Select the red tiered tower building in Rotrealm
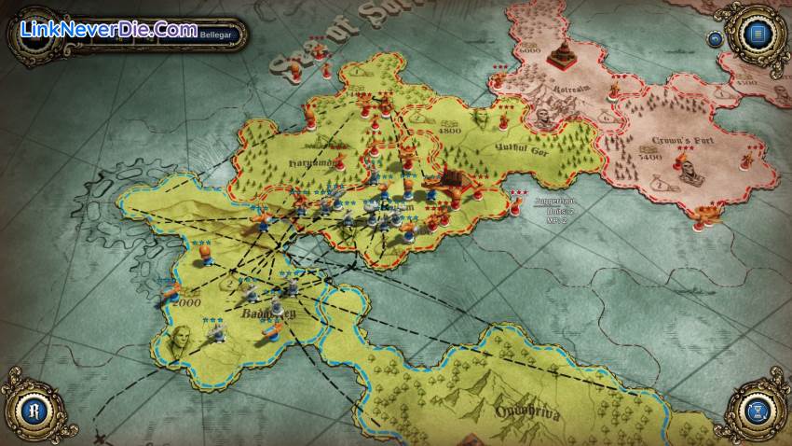(x=560, y=55)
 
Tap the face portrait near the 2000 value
(x=180, y=338)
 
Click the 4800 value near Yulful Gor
(x=451, y=132)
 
